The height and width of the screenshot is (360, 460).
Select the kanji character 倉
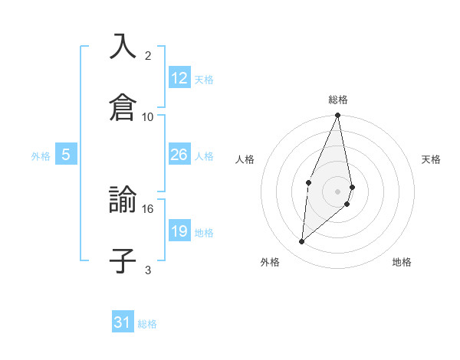(123, 106)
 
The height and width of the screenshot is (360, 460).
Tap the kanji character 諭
(123, 200)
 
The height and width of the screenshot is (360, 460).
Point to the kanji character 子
(123, 260)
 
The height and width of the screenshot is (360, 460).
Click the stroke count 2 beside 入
(148, 56)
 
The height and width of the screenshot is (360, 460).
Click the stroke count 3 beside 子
(148, 270)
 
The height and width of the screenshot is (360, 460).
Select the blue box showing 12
(179, 78)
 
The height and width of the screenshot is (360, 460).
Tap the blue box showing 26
(179, 155)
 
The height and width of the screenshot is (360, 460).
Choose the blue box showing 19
(179, 231)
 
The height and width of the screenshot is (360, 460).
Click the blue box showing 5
(66, 155)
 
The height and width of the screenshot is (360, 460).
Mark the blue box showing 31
(123, 322)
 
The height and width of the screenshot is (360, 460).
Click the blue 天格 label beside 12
(204, 80)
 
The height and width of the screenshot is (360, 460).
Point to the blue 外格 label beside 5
(41, 156)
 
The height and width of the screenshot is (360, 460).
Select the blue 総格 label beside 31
(147, 324)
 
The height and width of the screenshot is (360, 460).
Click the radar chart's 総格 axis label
(338, 100)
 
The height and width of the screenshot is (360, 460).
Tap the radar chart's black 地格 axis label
(402, 262)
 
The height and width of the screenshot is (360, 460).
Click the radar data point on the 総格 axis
(338, 116)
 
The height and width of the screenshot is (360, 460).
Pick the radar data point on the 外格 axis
(302, 241)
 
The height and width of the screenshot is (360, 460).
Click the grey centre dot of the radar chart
(338, 191)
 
